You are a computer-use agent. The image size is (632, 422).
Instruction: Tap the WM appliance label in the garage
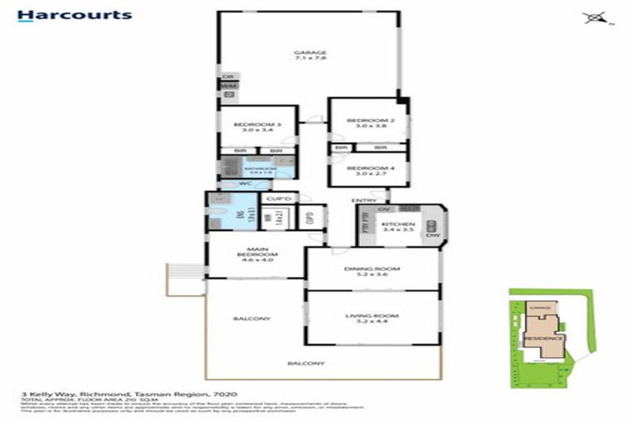click(x=228, y=86)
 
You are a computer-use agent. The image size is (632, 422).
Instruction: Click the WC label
click(x=244, y=185)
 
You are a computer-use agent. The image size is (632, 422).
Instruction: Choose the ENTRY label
click(x=364, y=200)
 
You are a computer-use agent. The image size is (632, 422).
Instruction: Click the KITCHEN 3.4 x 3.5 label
click(x=402, y=227)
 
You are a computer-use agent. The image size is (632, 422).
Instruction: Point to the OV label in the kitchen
click(x=383, y=210)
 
